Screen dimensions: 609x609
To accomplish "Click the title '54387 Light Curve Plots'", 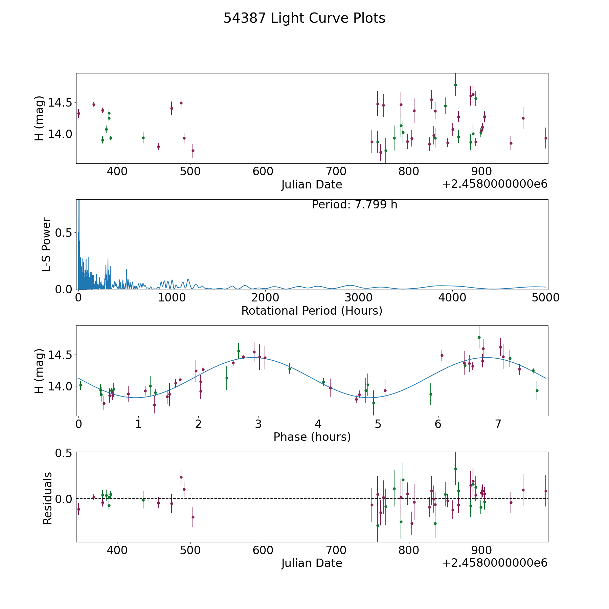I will [x=304, y=18].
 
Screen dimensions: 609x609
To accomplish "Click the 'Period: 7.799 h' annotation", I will [x=355, y=205].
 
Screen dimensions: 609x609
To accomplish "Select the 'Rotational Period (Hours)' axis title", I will [x=312, y=311].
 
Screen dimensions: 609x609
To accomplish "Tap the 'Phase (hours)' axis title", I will [x=312, y=437].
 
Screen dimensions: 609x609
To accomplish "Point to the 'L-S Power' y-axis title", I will [x=46, y=244].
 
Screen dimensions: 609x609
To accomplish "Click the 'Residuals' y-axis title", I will [x=47, y=498].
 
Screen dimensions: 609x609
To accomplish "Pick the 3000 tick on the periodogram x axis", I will [x=359, y=298].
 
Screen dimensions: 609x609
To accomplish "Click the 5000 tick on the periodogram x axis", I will [x=545, y=298].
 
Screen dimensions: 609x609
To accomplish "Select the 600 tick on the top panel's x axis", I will [x=263, y=172].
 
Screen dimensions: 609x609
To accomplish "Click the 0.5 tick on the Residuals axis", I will [x=66, y=453].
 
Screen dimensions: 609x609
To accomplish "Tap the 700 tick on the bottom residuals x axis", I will [x=336, y=550].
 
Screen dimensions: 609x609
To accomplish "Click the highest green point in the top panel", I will [x=455, y=85].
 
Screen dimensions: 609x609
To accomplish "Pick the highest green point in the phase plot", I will [x=479, y=337].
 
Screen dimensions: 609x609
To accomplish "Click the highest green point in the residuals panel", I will [x=455, y=469].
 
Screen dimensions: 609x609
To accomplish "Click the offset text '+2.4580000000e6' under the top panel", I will [x=495, y=184].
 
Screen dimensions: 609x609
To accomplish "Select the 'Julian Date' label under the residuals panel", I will [x=312, y=563].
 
